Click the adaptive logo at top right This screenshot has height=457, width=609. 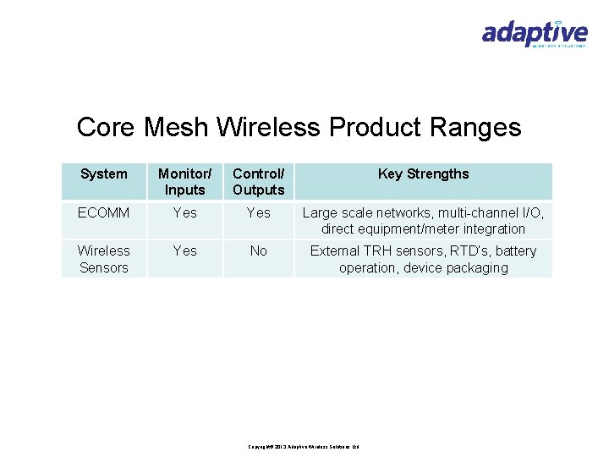pos(534,34)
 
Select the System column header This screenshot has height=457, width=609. pos(103,174)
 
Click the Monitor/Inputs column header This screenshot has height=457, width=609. pos(185,182)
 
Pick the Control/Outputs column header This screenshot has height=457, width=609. pos(259,182)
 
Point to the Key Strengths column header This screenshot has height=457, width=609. pos(423,174)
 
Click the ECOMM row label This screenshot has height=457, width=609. pos(103,213)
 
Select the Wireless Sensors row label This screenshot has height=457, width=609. pos(103,259)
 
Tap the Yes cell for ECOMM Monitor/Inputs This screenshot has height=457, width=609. pos(185,213)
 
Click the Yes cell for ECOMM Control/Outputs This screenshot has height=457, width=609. pos(259,213)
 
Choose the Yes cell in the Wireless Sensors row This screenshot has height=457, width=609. pos(185,251)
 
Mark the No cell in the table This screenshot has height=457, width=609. pos(259,251)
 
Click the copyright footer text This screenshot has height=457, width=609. pos(304,446)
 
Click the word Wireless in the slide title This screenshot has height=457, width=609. pos(270,128)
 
